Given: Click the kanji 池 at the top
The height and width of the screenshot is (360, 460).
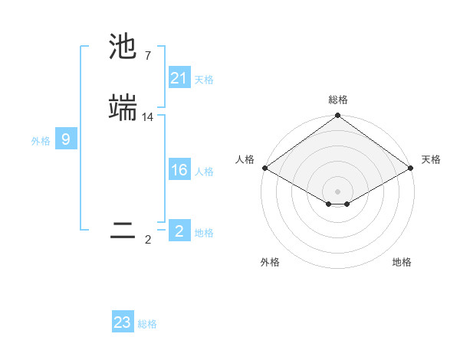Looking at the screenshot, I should click(123, 47).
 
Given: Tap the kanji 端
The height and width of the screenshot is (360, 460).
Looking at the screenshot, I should click(123, 107).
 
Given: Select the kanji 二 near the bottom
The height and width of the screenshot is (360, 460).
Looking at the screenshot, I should click(123, 231).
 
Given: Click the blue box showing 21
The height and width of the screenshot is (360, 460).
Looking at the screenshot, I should click(179, 78).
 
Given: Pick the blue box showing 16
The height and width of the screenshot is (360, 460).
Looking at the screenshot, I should click(179, 171).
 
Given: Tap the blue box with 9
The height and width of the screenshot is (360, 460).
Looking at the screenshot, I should click(66, 139).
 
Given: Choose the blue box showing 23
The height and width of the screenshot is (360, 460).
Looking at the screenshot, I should click(123, 322).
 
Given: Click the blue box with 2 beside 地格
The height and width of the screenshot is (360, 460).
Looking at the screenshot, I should click(179, 231).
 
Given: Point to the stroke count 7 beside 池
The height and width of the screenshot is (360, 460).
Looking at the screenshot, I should click(148, 56).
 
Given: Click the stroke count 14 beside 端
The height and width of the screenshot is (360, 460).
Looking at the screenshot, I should click(148, 117).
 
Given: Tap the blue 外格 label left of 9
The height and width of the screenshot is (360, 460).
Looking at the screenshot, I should click(41, 141).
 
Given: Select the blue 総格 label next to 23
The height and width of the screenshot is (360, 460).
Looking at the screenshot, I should click(147, 324).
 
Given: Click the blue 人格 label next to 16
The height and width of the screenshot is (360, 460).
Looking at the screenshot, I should click(204, 172).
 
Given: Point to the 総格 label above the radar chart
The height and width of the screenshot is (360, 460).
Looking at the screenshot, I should click(337, 100).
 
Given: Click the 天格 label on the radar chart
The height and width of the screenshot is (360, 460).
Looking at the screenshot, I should click(431, 159).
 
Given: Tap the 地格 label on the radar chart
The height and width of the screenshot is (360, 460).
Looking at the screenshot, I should click(402, 262).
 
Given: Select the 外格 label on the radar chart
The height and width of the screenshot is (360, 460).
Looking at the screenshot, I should click(270, 262).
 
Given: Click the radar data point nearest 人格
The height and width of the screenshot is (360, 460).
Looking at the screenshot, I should click(264, 168).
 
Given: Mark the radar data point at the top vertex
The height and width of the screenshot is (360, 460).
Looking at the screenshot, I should click(337, 116).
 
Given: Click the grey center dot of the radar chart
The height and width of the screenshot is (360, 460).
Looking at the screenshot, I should click(337, 191).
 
